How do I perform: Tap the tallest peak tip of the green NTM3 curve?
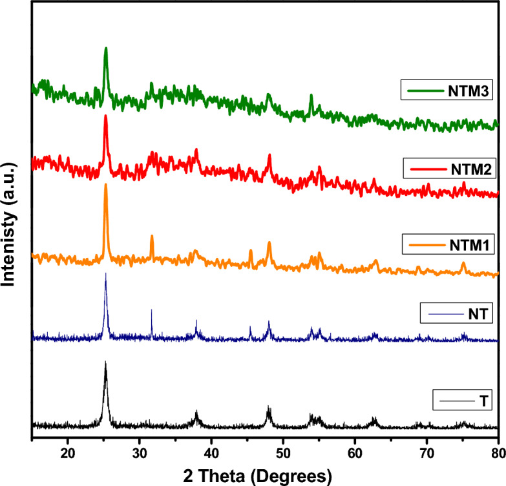[106, 48]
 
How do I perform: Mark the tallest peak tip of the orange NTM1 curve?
[106, 185]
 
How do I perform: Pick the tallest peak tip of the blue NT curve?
[106, 274]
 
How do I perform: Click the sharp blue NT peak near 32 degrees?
[152, 310]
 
